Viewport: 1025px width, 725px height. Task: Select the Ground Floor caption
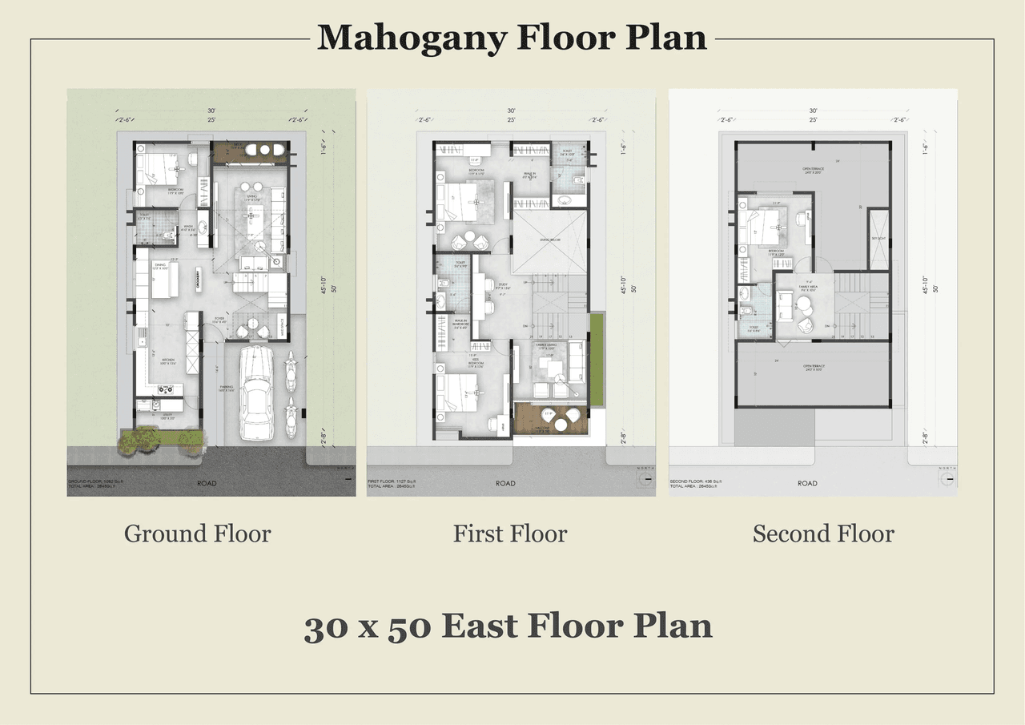coord(197,534)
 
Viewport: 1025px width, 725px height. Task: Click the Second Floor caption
coord(823,534)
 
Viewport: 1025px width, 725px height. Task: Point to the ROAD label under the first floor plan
coord(505,483)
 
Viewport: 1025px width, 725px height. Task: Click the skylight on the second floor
coord(878,239)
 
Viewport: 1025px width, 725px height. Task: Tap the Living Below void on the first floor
coord(549,242)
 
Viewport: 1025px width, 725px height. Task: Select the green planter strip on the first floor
coord(596,357)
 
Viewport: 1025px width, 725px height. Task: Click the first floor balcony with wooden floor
coord(550,418)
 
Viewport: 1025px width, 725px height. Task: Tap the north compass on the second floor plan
coord(949,478)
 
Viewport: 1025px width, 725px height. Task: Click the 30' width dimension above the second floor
coord(813,111)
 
